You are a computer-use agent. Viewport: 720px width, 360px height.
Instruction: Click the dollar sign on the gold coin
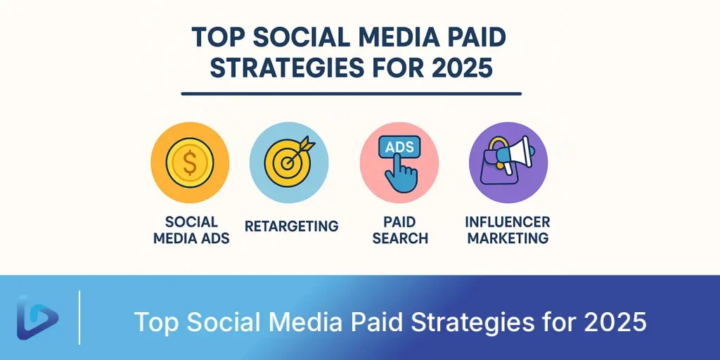point(190,164)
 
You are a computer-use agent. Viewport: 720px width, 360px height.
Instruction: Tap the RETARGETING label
point(292,226)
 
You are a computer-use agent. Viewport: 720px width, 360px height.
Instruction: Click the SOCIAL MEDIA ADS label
point(191,231)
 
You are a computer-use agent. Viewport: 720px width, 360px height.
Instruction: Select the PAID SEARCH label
point(400,231)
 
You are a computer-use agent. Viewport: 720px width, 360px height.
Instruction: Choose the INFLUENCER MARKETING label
point(507,231)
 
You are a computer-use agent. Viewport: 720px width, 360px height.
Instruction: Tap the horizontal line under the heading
point(352,94)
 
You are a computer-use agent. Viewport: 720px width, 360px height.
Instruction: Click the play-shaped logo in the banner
point(38,318)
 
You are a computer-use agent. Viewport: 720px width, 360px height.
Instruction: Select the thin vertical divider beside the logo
point(80,317)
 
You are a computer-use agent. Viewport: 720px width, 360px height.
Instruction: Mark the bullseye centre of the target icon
point(288,162)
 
